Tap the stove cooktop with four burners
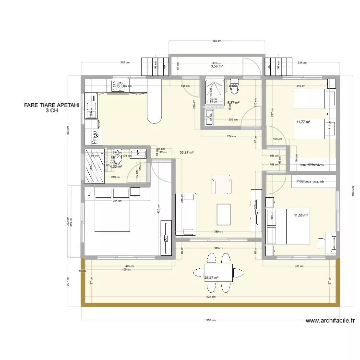coord(118,86)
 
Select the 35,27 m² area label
coord(186,153)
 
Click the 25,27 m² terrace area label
coord(211,277)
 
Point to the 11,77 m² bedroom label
coord(303,122)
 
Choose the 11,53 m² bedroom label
coord(300,216)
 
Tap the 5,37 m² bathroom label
coord(233,103)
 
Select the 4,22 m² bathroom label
coord(116,167)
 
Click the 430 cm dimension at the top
coord(216,41)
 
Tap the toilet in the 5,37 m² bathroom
coord(234,87)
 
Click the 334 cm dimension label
coord(302,63)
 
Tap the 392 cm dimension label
coord(126,63)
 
